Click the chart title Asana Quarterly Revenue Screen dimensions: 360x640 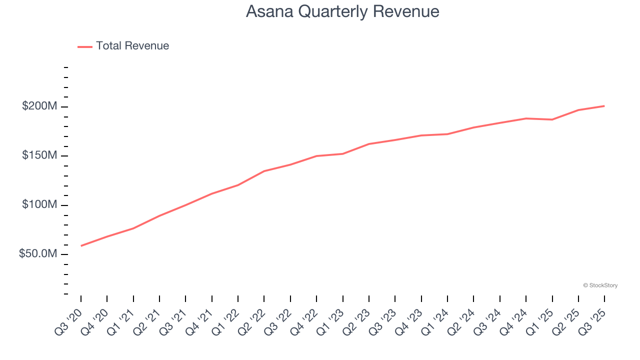(342, 11)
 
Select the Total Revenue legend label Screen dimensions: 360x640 (132, 46)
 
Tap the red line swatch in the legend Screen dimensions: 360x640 (85, 46)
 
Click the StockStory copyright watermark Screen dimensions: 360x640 (600, 285)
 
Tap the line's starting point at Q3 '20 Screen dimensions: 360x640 (81, 245)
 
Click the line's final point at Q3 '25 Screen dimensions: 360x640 (604, 106)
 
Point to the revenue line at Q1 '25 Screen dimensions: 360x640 (552, 119)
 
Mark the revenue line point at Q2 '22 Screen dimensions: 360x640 (264, 171)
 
